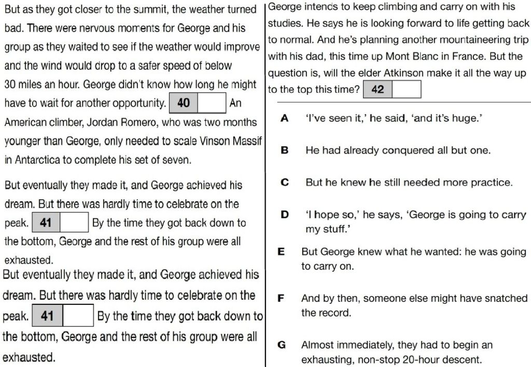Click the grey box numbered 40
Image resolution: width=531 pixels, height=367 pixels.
pyautogui.click(x=184, y=103)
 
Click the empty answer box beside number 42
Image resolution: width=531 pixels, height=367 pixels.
pyautogui.click(x=406, y=90)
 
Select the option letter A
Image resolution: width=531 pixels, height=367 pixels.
pyautogui.click(x=284, y=119)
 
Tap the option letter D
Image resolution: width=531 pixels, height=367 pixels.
pyautogui.click(x=285, y=215)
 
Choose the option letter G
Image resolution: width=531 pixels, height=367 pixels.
pyautogui.click(x=282, y=345)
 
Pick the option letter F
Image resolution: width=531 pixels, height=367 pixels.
pyautogui.click(x=281, y=298)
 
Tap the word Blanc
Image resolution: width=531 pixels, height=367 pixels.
pyautogui.click(x=428, y=56)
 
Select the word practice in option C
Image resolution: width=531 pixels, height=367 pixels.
pyautogui.click(x=491, y=183)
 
